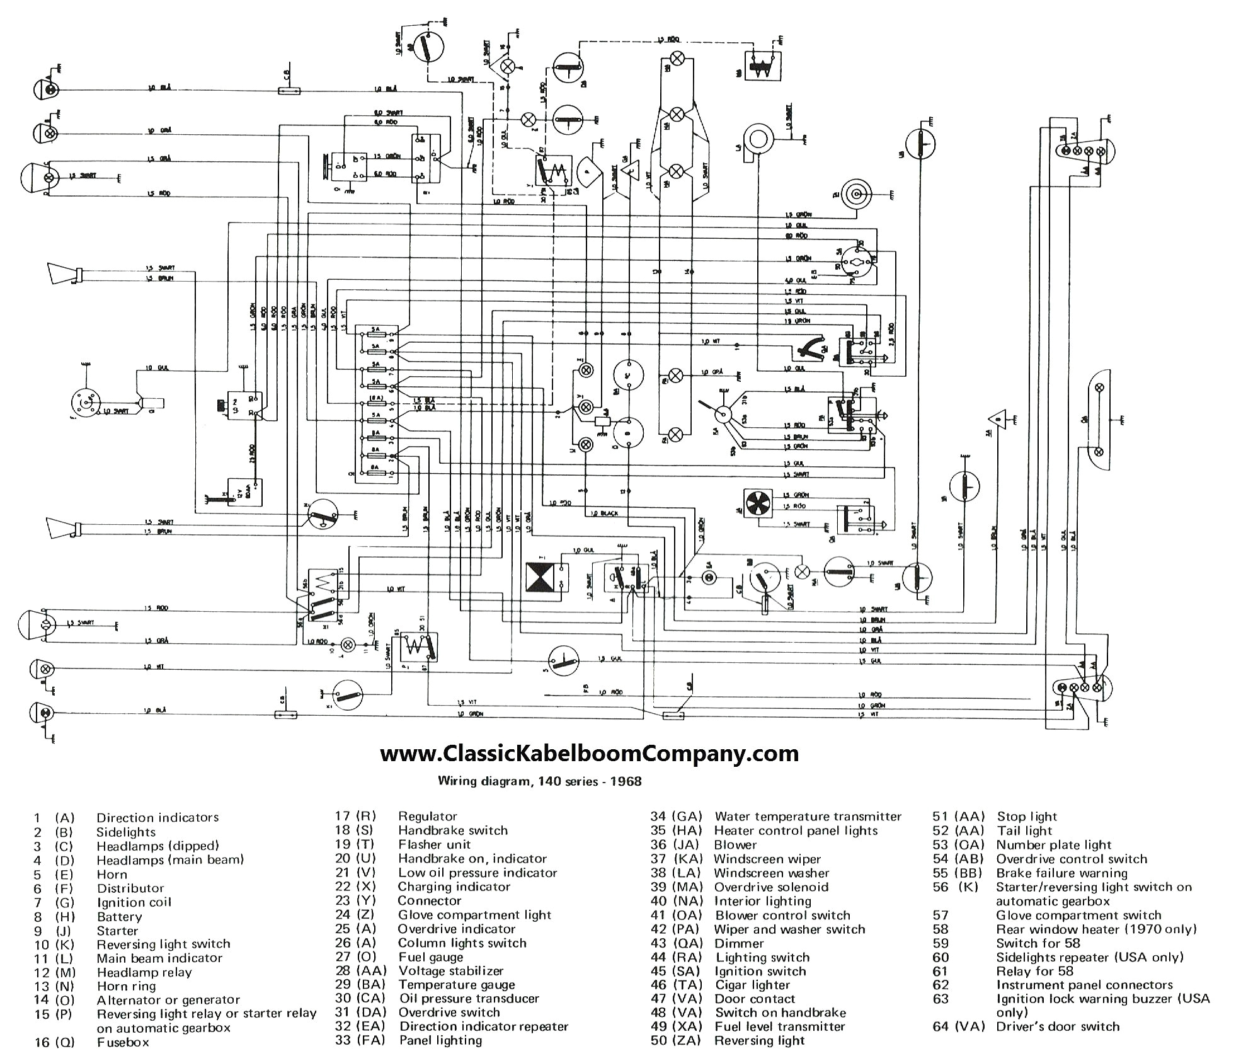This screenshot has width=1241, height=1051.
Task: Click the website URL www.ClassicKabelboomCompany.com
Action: coord(589,753)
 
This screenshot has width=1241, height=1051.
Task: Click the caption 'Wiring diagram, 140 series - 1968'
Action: coord(540,781)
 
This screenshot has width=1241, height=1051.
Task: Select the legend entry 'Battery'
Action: coord(119,916)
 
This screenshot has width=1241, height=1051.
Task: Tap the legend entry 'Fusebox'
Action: coord(123,1042)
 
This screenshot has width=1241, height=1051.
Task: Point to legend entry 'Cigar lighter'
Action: coord(752,984)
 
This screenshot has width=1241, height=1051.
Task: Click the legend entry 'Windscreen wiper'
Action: coord(767,859)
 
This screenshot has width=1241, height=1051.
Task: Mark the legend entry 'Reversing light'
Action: coord(760,1040)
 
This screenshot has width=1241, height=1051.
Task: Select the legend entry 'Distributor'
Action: coord(130,888)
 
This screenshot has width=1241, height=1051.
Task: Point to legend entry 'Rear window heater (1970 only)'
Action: coord(1095,929)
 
